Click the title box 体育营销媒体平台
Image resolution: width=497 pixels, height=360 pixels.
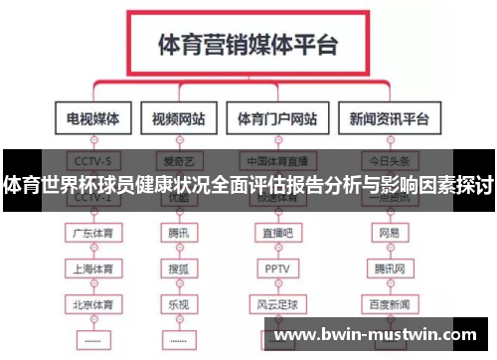(x=248, y=45)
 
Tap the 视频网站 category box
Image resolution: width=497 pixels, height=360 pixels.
(x=179, y=119)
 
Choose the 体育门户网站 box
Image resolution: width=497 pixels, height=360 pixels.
(x=277, y=119)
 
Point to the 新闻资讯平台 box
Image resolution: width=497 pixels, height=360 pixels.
(x=388, y=119)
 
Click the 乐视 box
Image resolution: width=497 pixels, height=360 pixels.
(x=178, y=301)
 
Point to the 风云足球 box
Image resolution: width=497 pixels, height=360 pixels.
(x=274, y=301)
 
